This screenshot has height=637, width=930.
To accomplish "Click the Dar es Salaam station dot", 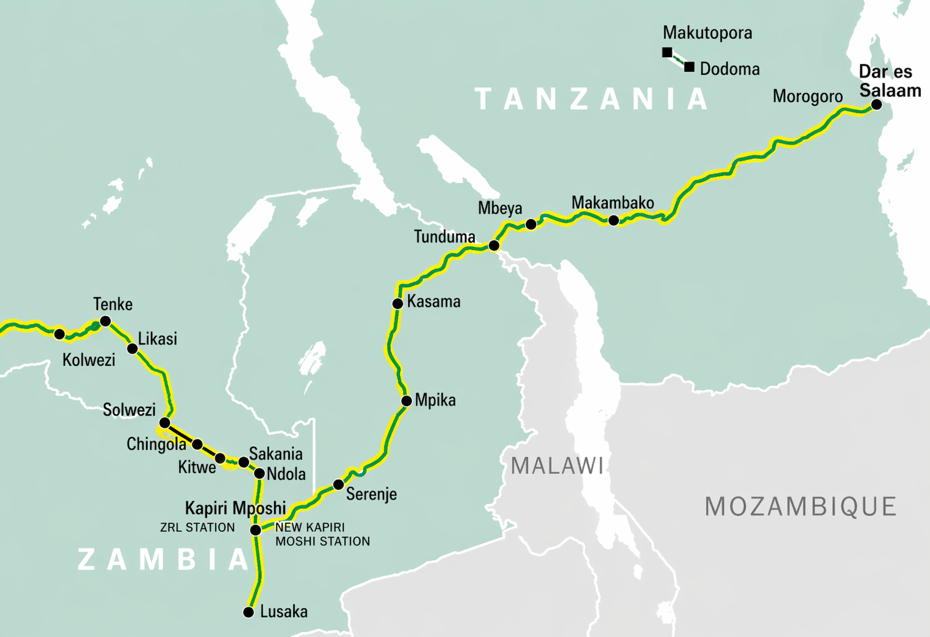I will coord(877,104).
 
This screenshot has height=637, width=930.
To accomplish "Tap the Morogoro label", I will coord(807,96).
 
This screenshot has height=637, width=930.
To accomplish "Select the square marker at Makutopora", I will coord(667,53).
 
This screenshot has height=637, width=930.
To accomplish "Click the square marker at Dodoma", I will coord(690,67).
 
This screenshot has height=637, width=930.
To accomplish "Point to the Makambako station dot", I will coord(613,220).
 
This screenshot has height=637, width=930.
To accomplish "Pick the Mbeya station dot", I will coord(531,225).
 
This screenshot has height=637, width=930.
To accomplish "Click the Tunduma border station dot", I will coord(494,245).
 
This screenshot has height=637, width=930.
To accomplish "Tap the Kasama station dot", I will coord(398,304).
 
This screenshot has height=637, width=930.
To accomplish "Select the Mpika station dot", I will coord(406,401).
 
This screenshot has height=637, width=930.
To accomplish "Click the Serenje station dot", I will coord(338,485).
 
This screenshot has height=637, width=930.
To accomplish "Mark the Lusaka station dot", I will coord(248,612).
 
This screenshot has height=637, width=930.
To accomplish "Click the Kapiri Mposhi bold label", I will coord(236,508).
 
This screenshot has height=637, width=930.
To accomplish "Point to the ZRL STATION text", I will coord(197,527).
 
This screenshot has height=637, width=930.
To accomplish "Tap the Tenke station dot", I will coord(106,321).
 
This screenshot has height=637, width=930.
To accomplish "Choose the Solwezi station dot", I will coord(164,423).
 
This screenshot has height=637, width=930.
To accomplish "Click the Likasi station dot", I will coord(133,349).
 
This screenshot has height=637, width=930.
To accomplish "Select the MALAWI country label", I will coord(557,466).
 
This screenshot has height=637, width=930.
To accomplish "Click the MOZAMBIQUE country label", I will coord(801,507).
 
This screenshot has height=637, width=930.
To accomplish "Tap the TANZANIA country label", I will coord(592,99).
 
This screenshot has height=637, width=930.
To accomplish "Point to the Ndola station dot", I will coord(259,473).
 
